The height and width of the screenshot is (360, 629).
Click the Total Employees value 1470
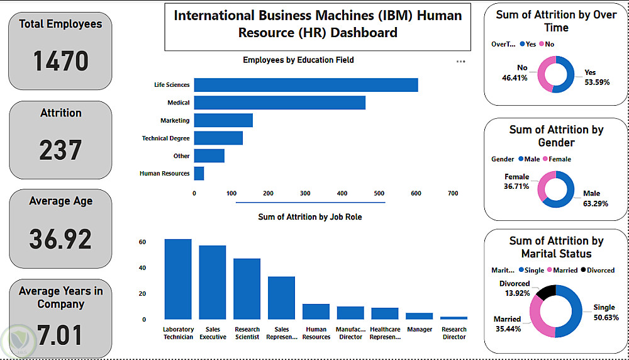click(60, 62)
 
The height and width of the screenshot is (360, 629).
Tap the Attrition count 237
click(60, 150)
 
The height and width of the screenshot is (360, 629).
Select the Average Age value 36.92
click(60, 239)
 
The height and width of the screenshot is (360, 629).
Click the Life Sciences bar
click(306, 85)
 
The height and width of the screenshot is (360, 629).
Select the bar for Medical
click(279, 103)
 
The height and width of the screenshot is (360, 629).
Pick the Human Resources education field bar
click(199, 173)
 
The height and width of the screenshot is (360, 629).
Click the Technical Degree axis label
click(165, 138)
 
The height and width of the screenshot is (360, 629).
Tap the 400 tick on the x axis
click(342, 194)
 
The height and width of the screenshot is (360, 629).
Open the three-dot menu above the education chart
click(460, 61)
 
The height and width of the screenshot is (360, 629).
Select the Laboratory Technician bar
click(178, 279)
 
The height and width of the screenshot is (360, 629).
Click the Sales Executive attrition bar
click(213, 283)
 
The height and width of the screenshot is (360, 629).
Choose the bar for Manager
click(420, 316)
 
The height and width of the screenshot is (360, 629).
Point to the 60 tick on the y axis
click(143, 242)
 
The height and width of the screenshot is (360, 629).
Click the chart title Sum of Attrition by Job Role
click(310, 217)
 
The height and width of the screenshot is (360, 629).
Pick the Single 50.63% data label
click(604, 312)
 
